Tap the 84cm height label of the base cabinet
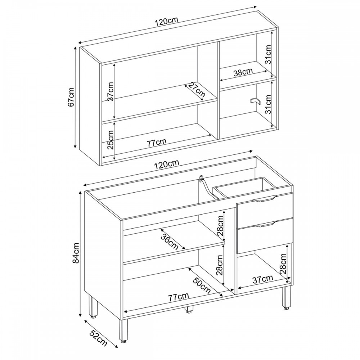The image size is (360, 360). [76, 253]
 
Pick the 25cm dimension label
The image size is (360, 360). [111, 140]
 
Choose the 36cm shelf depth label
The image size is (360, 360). [170, 242]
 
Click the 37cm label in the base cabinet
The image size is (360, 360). [263, 279]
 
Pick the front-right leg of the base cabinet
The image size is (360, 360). [286, 298]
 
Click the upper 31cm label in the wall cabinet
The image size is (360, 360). [268, 54]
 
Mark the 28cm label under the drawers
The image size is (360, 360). [283, 264]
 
